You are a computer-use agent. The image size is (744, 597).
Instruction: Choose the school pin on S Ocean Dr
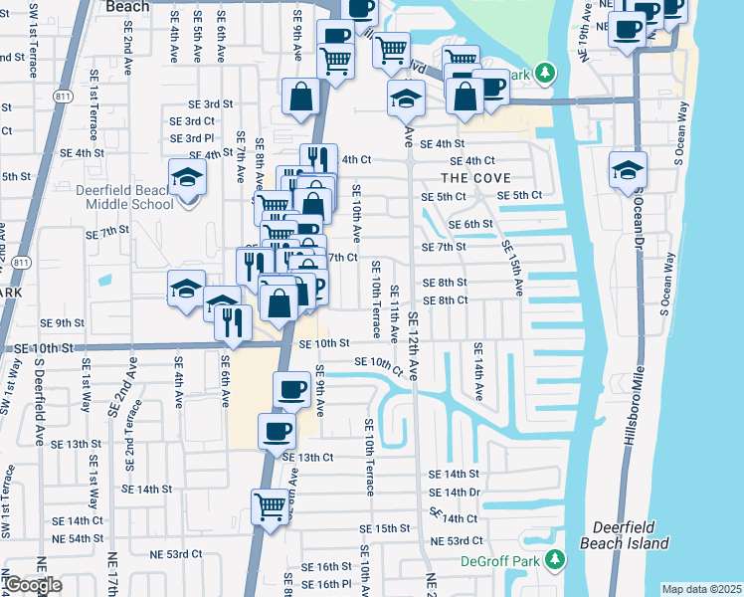click(x=629, y=169)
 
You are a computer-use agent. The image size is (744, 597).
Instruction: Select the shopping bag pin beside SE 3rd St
click(x=300, y=97)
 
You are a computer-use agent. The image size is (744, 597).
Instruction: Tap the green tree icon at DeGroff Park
click(x=555, y=561)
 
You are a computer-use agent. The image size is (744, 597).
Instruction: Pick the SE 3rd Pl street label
click(x=193, y=138)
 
